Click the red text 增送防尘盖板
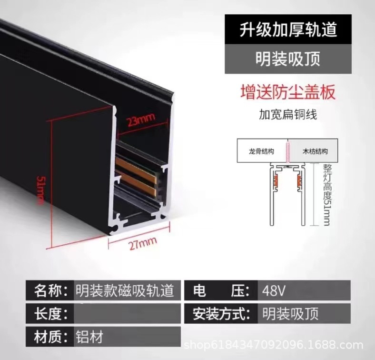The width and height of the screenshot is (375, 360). click(288, 91)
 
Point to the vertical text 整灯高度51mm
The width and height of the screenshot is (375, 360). click(326, 195)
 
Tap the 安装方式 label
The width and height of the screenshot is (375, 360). click(221, 314)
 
